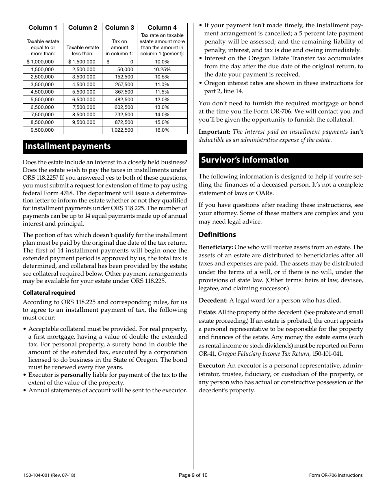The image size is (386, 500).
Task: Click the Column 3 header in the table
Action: tap(119, 28)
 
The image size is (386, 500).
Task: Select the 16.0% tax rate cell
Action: tap(162, 130)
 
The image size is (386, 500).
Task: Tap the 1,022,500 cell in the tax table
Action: tap(122, 130)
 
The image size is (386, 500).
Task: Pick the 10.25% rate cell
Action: tap(162, 70)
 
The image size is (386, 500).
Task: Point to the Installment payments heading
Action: tap(68, 146)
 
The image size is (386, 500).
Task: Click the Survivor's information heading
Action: tap(245, 160)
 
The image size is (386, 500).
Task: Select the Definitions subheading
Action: tap(217, 235)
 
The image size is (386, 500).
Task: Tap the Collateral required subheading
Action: tap(49, 293)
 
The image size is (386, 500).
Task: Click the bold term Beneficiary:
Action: tap(216, 247)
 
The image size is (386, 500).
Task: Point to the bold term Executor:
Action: tap(212, 366)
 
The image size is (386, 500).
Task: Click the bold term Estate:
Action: tap(207, 313)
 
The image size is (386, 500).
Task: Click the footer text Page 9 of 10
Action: tap(193, 475)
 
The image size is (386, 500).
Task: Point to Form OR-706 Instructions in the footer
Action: tap(336, 475)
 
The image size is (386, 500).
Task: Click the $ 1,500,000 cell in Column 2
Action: tap(82, 62)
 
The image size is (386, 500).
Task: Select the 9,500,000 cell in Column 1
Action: tap(42, 130)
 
